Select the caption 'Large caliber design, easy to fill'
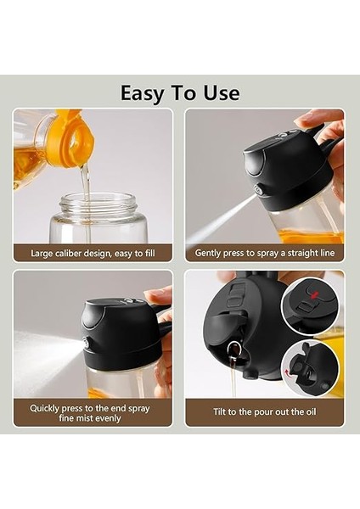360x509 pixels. coord(93,253)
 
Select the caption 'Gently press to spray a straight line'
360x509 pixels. coord(264,253)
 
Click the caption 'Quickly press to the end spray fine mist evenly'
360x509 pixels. coord(93,413)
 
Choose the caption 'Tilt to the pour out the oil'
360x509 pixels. coord(264,411)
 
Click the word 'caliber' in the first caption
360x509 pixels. coord(77,253)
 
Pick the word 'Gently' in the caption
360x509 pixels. coord(211,253)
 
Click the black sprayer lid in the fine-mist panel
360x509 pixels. coord(119,322)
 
